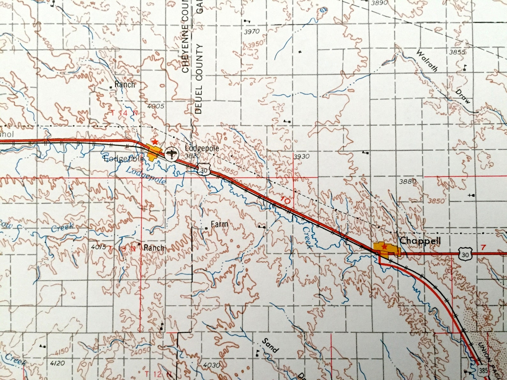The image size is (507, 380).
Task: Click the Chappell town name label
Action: (x=420, y=241)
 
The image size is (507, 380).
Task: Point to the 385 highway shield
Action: (x=482, y=371)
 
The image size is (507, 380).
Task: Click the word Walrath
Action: (x=427, y=60)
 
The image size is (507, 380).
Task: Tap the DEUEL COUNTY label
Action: (x=199, y=79)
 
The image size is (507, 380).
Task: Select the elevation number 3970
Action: (x=252, y=32)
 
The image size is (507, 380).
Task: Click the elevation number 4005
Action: (x=156, y=106)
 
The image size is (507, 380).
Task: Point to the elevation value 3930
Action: (x=301, y=156)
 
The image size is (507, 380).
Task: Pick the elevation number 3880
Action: (x=408, y=182)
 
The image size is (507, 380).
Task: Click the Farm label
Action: (x=219, y=224)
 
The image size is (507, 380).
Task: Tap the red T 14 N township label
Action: (x=125, y=113)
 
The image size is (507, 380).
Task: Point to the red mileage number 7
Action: (x=483, y=247)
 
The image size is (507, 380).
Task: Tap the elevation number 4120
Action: (x=57, y=363)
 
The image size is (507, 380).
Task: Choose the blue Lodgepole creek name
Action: (x=146, y=175)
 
